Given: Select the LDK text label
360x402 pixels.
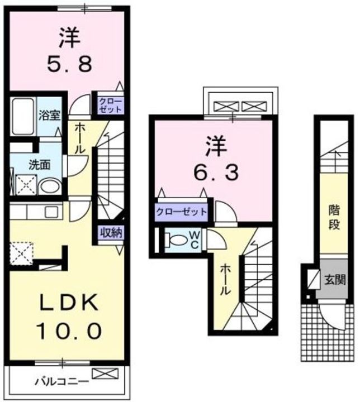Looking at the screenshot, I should tap(69, 304).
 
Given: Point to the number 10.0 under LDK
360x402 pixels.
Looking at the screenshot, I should tap(69, 331).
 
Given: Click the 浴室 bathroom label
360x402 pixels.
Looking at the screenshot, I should tap(49, 116).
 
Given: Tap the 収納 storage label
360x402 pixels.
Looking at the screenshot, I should tap(112, 233).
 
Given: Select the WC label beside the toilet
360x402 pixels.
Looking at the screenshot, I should tap(195, 241).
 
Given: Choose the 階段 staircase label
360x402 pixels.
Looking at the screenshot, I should tap(334, 219).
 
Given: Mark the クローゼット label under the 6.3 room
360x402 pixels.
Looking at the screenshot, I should tap(181, 212).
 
